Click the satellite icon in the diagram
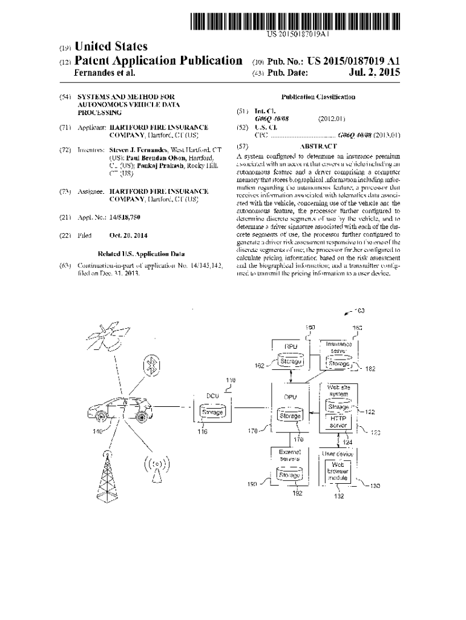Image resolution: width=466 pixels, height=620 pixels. tap(110, 335)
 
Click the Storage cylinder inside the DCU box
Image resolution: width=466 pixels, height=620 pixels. tap(212, 412)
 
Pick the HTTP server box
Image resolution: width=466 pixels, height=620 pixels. tap(338, 421)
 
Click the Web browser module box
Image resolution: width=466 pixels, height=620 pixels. tap(338, 471)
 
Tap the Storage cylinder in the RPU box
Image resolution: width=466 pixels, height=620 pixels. tap(290, 362)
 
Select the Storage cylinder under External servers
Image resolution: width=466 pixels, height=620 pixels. tap(289, 475)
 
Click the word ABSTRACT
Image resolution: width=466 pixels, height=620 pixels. tap(318, 146)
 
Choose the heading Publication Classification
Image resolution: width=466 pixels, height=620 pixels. tap(318, 97)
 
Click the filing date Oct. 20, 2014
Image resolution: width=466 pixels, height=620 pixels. tap(128, 236)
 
